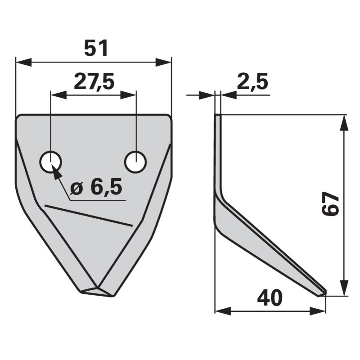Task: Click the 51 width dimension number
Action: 96,48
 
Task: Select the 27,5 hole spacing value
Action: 94,82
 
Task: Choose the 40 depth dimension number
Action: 270,298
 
